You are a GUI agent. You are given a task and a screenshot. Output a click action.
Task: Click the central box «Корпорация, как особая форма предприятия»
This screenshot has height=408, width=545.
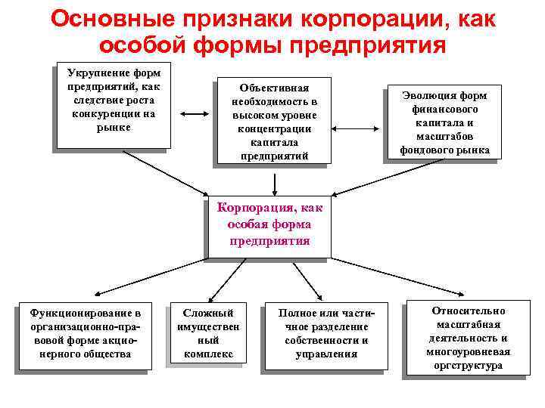(269, 224)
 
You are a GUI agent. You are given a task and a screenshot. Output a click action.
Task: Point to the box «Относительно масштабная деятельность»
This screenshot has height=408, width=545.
(468, 338)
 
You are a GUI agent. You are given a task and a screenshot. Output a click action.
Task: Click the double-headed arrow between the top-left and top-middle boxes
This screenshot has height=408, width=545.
(195, 115)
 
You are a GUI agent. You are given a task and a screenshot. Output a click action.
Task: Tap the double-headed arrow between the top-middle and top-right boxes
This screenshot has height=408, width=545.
(360, 115)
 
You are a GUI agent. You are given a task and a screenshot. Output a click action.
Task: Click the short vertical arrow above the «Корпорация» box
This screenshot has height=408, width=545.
(275, 182)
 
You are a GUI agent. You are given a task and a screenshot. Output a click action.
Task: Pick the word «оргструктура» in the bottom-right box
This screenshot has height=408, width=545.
(468, 365)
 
